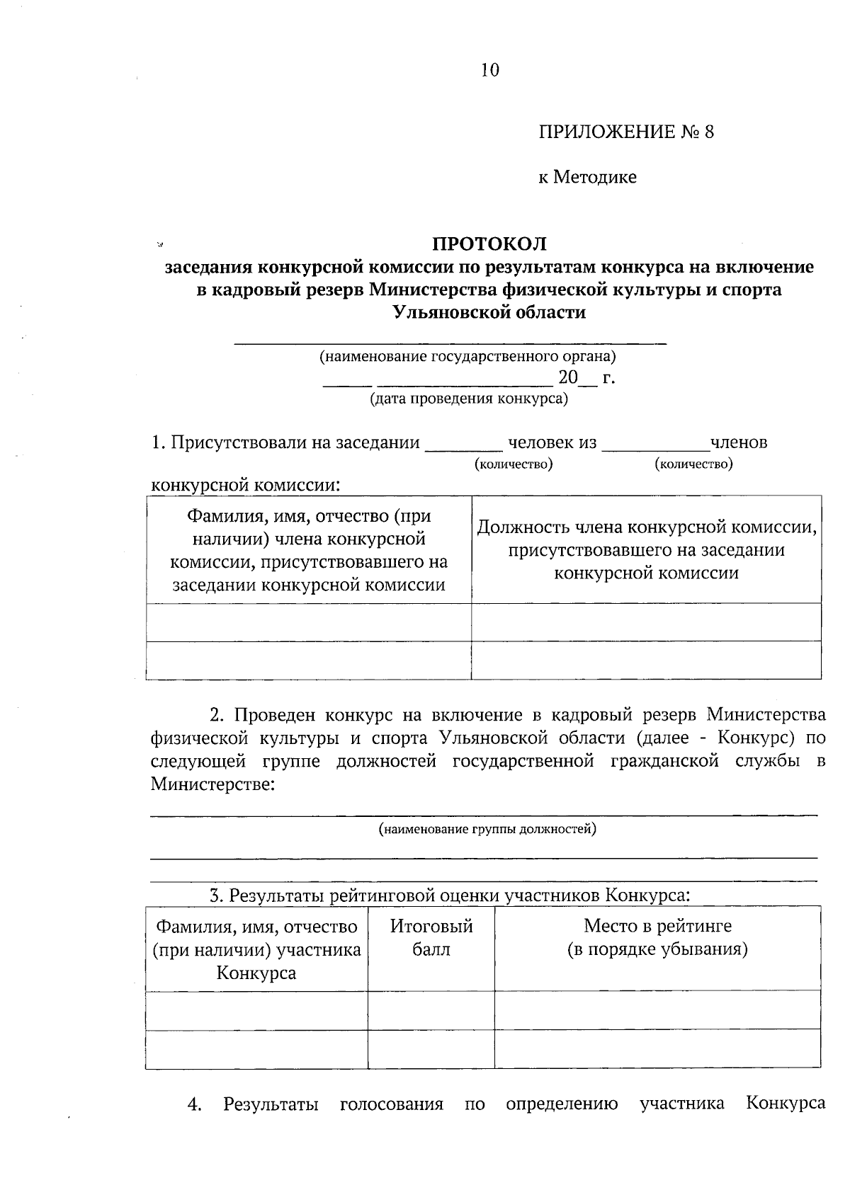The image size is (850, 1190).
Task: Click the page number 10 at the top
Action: tap(489, 70)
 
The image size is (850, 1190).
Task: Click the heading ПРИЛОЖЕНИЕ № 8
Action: tap(626, 132)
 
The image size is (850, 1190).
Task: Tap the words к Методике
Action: tap(586, 177)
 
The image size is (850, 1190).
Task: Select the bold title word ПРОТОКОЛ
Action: tap(489, 244)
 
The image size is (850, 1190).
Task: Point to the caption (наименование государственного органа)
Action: tap(467, 356)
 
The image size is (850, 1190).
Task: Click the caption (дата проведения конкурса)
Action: tap(469, 399)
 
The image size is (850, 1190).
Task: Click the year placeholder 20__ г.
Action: tap(586, 377)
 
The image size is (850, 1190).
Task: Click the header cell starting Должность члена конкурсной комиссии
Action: tap(646, 549)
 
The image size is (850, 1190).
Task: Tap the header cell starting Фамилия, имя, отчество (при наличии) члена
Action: tap(309, 550)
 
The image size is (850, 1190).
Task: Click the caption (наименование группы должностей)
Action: tap(487, 828)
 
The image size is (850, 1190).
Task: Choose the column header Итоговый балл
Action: tap(431, 937)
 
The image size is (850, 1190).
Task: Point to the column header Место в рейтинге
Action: tap(657, 937)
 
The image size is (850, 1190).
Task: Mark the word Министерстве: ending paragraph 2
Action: tap(212, 784)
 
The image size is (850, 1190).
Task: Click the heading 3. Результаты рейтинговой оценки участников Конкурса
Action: tap(449, 895)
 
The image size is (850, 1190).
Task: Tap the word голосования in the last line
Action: tap(391, 1104)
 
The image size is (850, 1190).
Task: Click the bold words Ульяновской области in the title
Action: tap(489, 312)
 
